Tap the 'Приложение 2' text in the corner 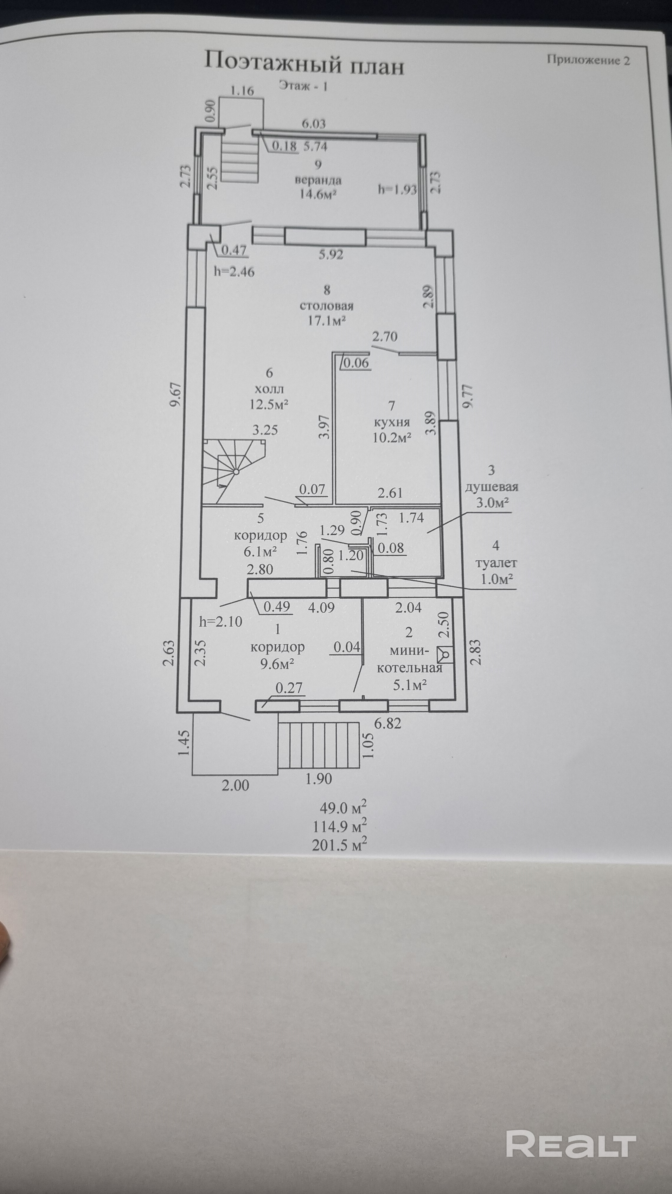pos(588,60)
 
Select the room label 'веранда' pos(318,180)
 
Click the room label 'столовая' pos(327,306)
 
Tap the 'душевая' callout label pos(491,487)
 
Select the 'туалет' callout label pos(496,563)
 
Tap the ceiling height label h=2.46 pos(234,272)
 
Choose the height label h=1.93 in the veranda pos(397,189)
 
